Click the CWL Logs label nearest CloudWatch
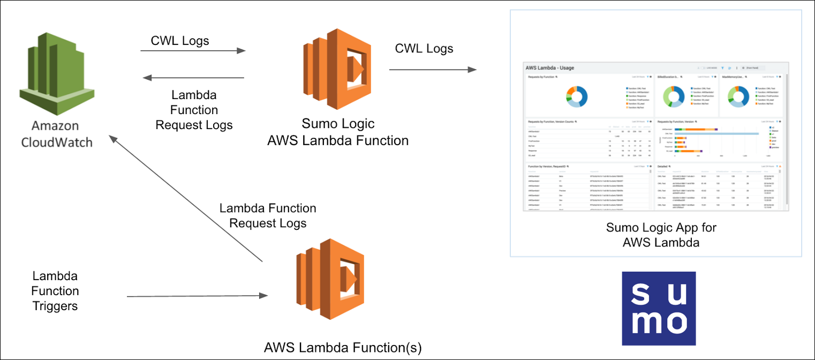180,41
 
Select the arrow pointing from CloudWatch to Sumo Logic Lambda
193,51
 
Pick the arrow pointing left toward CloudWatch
193,78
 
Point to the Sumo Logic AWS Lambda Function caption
338,132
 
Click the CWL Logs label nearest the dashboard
424,49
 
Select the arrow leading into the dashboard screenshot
433,70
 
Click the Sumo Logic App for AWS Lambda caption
661,235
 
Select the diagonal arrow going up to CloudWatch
185,198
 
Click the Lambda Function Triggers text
55,291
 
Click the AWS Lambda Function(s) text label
343,347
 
